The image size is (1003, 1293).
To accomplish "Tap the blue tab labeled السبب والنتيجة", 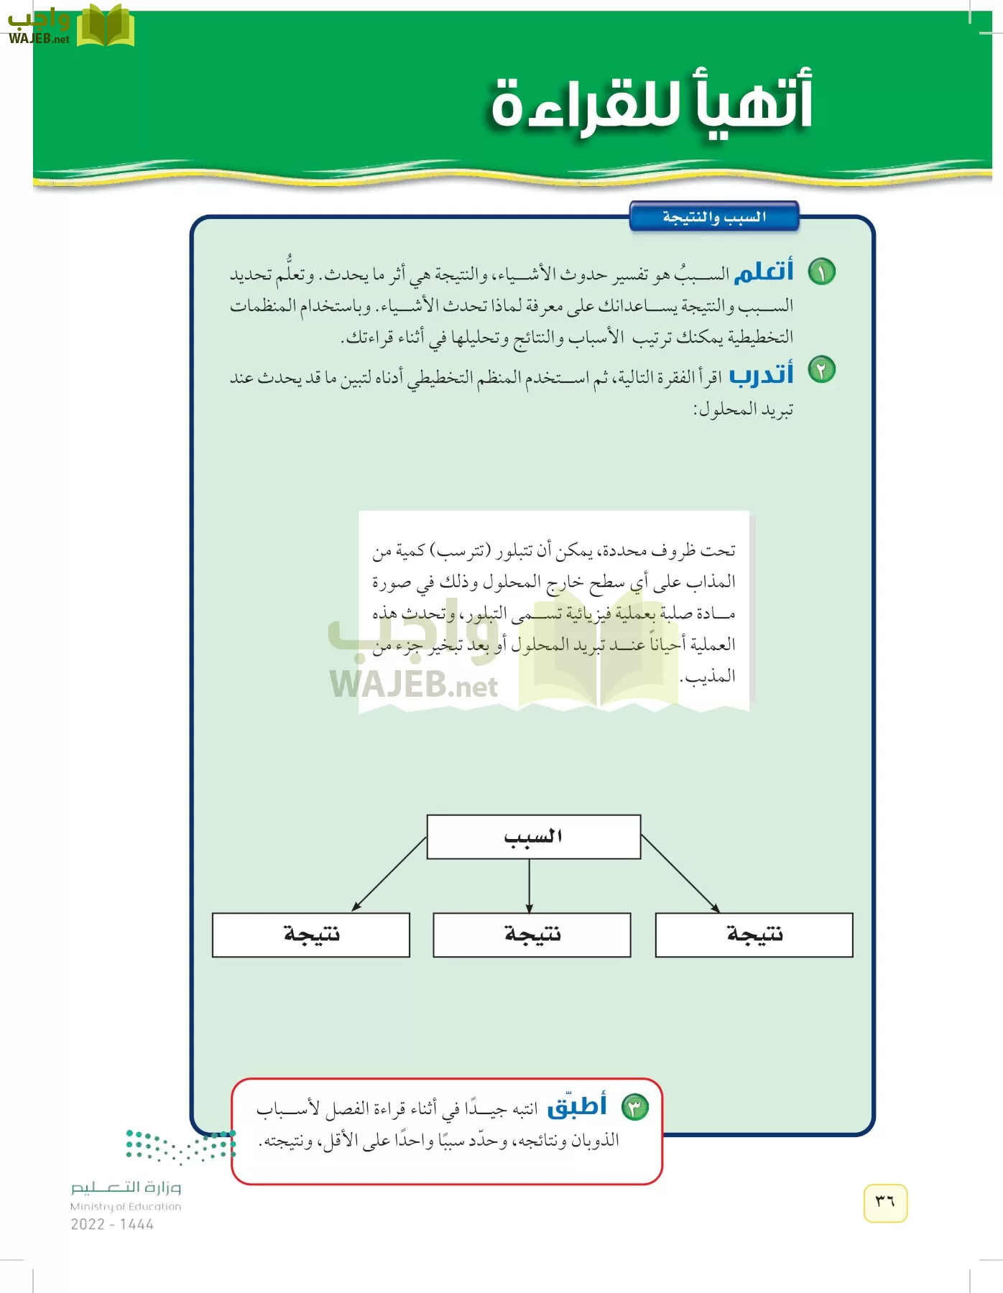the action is point(713,216).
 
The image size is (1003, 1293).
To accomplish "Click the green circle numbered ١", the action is point(821,272).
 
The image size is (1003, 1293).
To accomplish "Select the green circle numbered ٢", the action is point(821,370).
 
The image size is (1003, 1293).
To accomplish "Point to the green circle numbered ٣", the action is point(634,1107).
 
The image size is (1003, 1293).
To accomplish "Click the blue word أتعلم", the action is point(763,272).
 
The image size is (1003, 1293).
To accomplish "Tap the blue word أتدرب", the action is point(761,374).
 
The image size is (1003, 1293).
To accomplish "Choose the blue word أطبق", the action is point(577,1106).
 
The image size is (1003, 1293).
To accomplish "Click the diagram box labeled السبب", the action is point(533,837).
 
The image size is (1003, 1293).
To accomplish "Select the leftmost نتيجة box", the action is point(311,935).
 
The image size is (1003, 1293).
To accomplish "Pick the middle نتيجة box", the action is point(532,935).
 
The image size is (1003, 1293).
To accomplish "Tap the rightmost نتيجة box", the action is point(754,935).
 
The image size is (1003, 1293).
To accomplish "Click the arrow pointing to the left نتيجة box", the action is point(389,873).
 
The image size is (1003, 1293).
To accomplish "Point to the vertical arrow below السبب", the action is point(530,885).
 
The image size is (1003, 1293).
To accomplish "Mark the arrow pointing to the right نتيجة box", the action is point(680,873).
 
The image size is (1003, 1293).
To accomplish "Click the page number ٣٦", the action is point(885,1202).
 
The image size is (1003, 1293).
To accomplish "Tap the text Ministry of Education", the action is point(126,1207).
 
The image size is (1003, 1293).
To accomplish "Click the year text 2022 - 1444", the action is point(112,1225).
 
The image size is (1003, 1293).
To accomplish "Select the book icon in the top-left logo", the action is point(106,26).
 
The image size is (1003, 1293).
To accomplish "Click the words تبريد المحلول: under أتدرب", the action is point(743,409).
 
